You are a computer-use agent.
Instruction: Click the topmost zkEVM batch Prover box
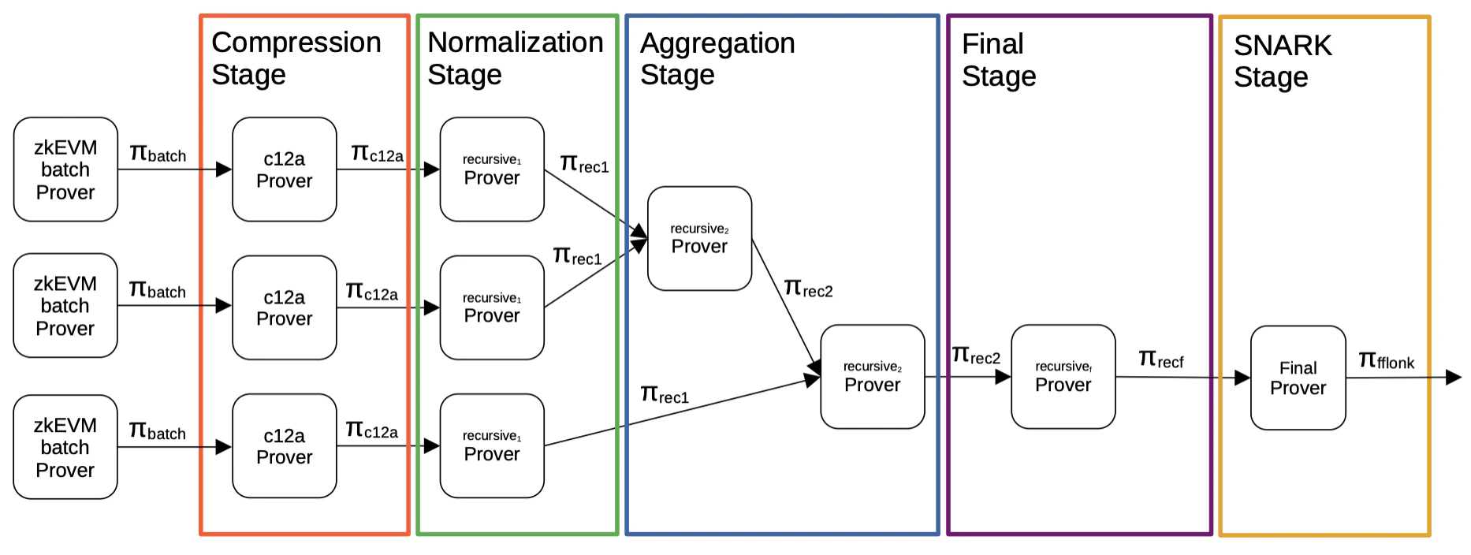tap(65, 169)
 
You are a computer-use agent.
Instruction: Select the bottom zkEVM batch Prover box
tap(65, 447)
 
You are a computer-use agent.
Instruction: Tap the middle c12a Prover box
tap(285, 307)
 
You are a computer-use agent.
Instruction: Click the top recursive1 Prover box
tap(492, 169)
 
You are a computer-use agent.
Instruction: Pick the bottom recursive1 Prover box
tap(492, 446)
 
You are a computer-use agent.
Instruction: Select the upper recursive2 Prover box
tap(699, 238)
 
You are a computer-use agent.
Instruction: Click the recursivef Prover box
tap(1063, 377)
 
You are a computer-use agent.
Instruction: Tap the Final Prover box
tap(1298, 378)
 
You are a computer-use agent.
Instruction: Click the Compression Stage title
tap(296, 58)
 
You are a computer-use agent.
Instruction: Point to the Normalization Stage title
tap(515, 58)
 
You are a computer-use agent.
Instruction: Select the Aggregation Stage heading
tap(717, 58)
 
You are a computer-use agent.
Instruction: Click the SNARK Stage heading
tap(1282, 61)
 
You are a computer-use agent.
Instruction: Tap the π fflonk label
tap(1386, 361)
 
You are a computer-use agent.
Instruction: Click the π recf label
tap(1160, 360)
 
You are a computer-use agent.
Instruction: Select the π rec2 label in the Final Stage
tap(975, 356)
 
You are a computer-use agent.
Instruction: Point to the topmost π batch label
tap(158, 154)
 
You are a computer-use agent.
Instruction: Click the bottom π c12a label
tap(371, 430)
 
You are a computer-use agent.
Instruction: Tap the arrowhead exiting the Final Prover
tap(1453, 378)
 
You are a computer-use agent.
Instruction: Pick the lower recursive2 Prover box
tap(872, 377)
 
